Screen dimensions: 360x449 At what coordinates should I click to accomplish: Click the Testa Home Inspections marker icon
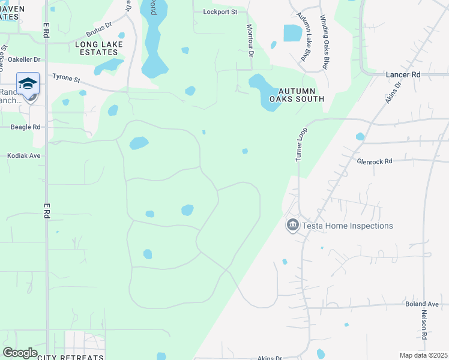[x=292, y=226]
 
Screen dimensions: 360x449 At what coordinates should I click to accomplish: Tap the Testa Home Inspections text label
[x=347, y=226]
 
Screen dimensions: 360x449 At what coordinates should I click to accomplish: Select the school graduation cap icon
[x=28, y=83]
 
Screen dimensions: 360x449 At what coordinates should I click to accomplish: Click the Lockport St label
[x=220, y=11]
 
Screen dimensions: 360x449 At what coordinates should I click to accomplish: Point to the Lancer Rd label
[x=403, y=74]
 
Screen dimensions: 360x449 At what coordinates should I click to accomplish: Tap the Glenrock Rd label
[x=374, y=161]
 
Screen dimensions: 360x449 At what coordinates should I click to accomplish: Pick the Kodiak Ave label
[x=24, y=155]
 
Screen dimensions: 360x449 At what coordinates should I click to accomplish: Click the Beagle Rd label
[x=25, y=127]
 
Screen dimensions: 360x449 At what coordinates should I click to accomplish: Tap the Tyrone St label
[x=66, y=77]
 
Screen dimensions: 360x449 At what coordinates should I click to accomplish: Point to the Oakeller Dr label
[x=24, y=59]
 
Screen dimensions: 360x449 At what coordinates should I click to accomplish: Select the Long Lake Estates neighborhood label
[x=99, y=49]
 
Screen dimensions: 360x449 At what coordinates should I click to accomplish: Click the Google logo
[x=20, y=353]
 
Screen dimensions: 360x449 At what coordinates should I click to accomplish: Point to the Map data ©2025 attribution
[x=423, y=355]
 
